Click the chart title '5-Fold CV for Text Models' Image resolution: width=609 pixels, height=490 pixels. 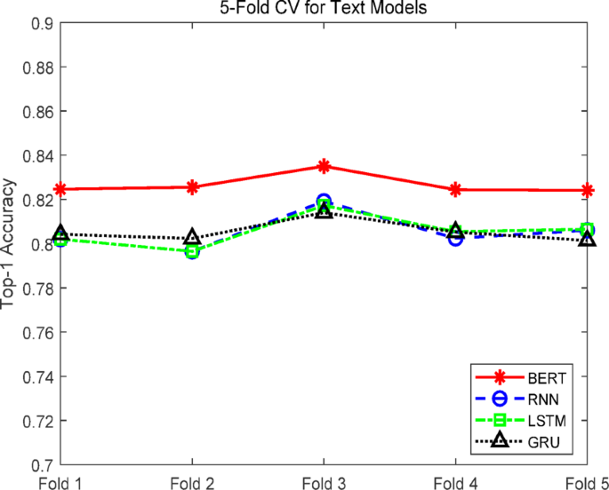[x=323, y=9]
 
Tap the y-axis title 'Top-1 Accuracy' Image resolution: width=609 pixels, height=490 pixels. [x=11, y=242]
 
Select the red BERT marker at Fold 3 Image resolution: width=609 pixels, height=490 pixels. [x=324, y=166]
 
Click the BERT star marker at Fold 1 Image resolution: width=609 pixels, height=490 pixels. [x=60, y=189]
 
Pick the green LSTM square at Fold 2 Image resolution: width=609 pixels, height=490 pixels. [x=192, y=252]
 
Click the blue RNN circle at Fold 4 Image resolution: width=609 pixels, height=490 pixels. [x=455, y=238]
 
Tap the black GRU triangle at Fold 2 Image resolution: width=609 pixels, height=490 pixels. [x=192, y=238]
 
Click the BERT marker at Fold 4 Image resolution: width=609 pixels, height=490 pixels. [x=455, y=189]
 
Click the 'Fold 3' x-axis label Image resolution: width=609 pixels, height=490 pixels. [x=324, y=481]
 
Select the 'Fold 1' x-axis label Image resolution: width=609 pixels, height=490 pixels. [x=60, y=481]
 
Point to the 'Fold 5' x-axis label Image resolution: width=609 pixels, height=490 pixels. [x=586, y=481]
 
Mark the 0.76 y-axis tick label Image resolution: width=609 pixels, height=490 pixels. [x=39, y=333]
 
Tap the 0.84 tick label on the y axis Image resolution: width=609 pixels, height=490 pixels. [x=39, y=156]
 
